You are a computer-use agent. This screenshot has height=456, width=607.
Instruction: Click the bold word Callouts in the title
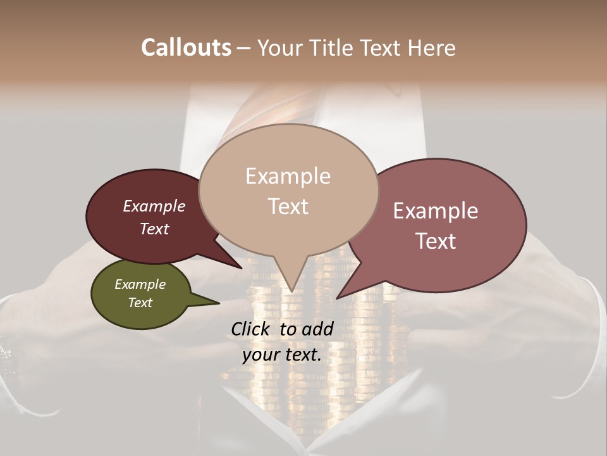(186, 47)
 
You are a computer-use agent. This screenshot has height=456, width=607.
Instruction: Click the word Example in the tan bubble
(288, 176)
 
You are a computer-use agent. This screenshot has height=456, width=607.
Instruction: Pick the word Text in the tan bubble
(288, 206)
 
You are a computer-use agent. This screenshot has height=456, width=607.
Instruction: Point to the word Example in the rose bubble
(436, 211)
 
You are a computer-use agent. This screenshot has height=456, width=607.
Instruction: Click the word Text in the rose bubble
(436, 241)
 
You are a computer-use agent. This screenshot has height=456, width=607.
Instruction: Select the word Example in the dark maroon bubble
(154, 206)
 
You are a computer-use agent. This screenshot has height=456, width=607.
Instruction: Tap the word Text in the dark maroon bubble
(154, 229)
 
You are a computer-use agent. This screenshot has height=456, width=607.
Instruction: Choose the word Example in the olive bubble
(140, 284)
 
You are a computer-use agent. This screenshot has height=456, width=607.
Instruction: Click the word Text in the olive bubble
(140, 303)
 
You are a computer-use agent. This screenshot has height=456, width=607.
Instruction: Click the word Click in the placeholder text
(251, 329)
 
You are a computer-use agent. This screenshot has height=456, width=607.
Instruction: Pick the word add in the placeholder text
(318, 329)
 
